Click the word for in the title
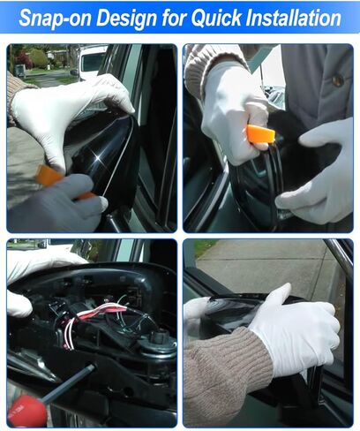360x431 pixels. [x=176, y=18]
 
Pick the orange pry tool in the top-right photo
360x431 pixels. [x=260, y=133]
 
